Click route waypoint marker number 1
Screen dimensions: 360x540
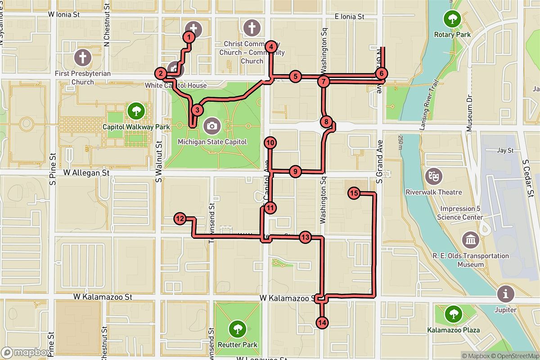(x=189, y=37)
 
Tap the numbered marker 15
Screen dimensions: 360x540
(x=354, y=193)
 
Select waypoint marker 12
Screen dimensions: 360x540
(x=180, y=219)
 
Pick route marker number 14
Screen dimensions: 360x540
(x=322, y=322)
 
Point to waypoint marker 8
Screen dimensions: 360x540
(x=327, y=121)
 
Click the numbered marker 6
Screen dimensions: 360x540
(x=381, y=73)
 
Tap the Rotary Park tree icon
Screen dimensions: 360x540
(x=451, y=19)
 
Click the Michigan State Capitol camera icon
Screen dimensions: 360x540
(x=212, y=126)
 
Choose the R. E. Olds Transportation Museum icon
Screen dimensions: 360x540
(x=470, y=240)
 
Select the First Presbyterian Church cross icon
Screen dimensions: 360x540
(x=82, y=57)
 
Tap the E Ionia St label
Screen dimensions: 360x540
(x=349, y=17)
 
